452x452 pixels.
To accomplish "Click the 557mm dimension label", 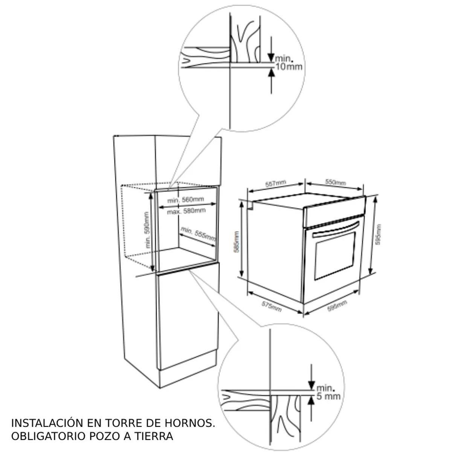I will (276, 184).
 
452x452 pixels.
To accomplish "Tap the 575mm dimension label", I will (272, 306).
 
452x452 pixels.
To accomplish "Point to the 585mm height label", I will (236, 242).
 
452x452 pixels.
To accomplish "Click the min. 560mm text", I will (186, 199).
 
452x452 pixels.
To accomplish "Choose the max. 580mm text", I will (186, 211).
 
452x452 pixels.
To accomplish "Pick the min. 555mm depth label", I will (198, 234).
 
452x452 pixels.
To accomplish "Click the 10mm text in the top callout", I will (289, 67).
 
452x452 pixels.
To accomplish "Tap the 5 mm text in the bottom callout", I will (328, 396).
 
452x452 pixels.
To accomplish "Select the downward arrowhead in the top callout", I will (271, 58).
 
